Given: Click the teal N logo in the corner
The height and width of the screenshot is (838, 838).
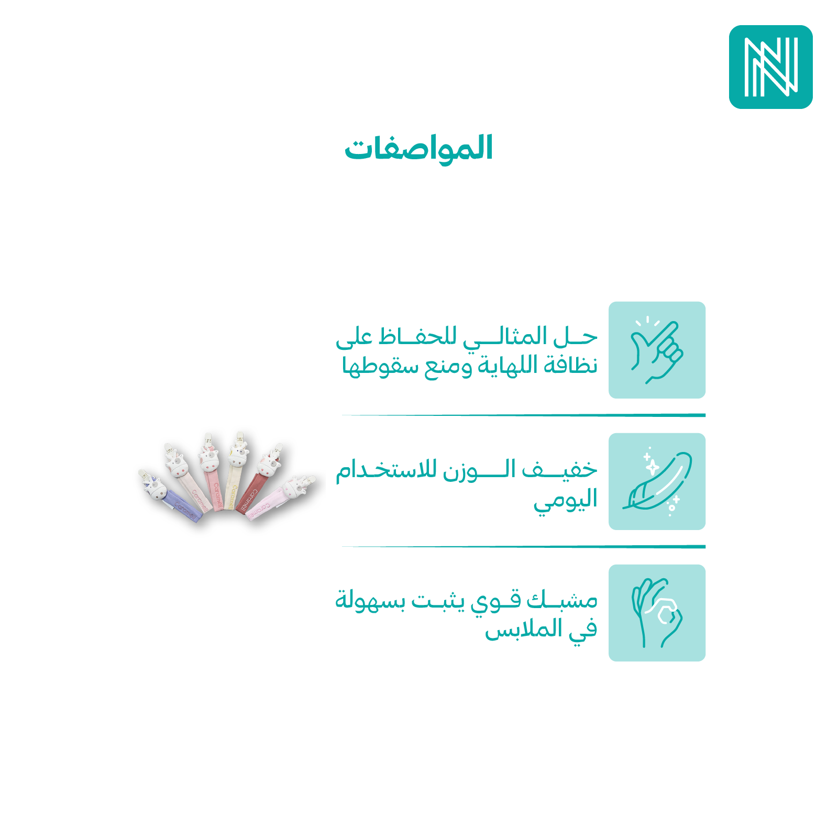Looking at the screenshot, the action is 770,67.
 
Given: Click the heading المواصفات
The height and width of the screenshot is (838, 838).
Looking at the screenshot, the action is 418,148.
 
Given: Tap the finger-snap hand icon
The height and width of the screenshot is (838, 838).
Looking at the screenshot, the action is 657,350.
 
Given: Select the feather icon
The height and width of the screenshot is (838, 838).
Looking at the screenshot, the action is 657,481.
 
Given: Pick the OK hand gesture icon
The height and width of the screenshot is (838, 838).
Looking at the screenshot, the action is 657,613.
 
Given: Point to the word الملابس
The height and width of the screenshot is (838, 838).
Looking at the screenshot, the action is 523,629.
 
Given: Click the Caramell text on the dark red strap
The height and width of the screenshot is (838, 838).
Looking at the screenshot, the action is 248,501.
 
